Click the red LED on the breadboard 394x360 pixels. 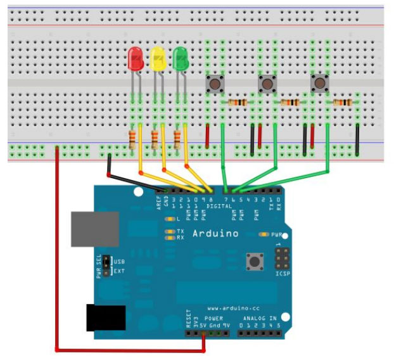135,60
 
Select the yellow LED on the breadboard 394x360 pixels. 158,60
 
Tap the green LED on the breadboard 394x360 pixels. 181,60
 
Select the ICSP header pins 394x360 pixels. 282,259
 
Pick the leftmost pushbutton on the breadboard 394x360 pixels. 215,83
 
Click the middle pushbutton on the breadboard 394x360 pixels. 267,83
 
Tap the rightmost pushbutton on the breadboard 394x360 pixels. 319,83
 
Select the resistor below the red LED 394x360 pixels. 132,138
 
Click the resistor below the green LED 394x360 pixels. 178,138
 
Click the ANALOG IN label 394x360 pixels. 260,319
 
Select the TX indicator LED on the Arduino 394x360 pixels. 170,231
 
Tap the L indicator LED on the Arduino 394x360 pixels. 169,219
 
